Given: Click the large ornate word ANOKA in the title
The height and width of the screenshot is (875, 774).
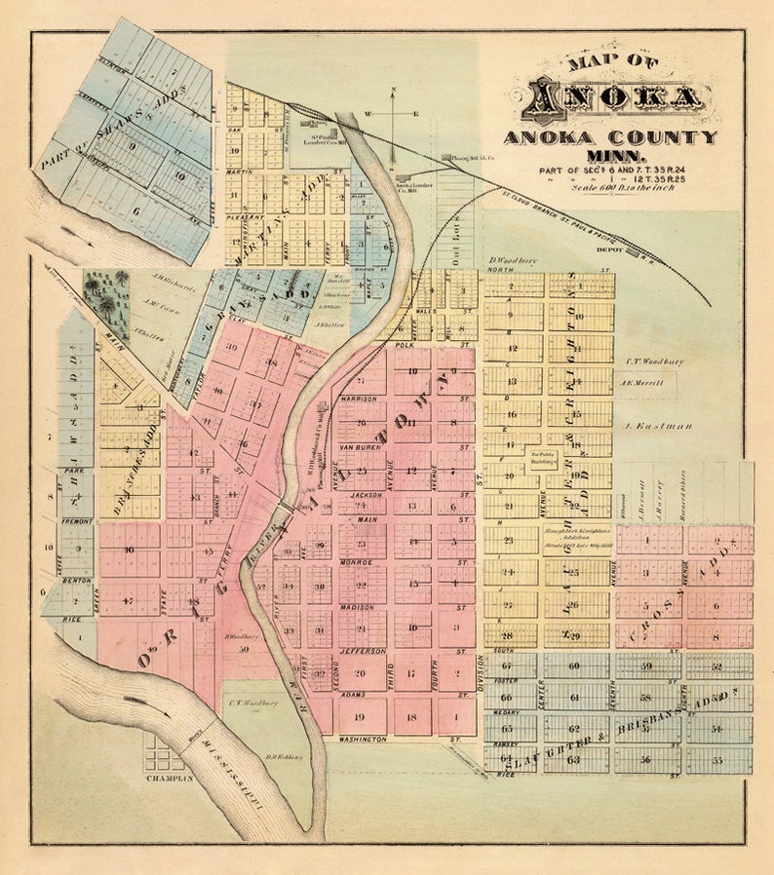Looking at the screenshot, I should point(614,98).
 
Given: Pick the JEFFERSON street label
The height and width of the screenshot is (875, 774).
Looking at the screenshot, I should point(363,650).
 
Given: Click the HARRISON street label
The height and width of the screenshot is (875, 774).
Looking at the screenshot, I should point(359,399).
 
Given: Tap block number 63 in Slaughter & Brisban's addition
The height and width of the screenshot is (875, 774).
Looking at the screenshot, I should point(574,757).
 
